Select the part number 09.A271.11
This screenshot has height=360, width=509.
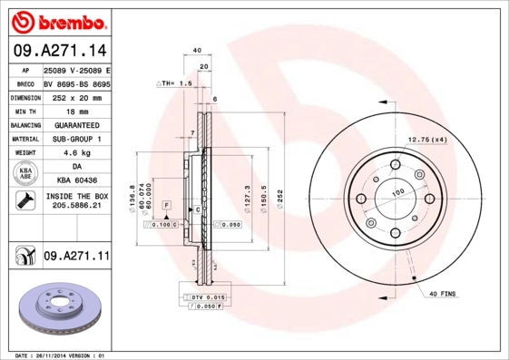[x=77, y=257]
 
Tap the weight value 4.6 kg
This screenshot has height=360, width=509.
[x=76, y=153]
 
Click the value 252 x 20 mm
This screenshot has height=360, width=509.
[x=76, y=96]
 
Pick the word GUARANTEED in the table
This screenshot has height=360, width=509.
[x=76, y=124]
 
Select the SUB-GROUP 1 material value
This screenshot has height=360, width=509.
[x=76, y=139]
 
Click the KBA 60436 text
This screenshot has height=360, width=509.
[x=76, y=181]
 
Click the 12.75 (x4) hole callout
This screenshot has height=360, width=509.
[x=427, y=140]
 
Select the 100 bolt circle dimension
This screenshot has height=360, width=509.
[x=396, y=192]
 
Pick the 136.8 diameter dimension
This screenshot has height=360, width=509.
[x=132, y=197]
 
